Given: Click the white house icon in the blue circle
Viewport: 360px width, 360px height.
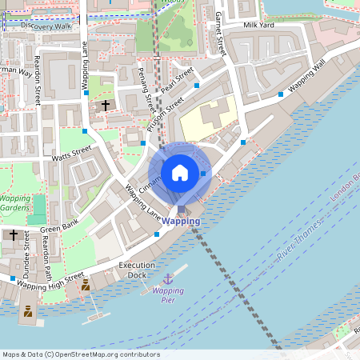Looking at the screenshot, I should pyautogui.click(x=180, y=172).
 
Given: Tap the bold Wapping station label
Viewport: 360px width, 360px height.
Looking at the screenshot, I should pyautogui.click(x=181, y=221).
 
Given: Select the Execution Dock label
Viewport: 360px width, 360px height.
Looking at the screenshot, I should pyautogui.click(x=138, y=270).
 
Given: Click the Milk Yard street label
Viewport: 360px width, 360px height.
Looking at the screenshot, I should pyautogui.click(x=259, y=26).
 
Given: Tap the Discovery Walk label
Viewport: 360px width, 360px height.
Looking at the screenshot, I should pyautogui.click(x=46, y=26).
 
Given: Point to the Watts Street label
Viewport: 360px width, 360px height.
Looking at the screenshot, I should pyautogui.click(x=72, y=153).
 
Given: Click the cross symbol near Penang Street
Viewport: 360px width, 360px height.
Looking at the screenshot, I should pyautogui.click(x=106, y=105).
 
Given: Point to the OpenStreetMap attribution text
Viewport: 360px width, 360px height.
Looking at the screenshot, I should pyautogui.click(x=80, y=354).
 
